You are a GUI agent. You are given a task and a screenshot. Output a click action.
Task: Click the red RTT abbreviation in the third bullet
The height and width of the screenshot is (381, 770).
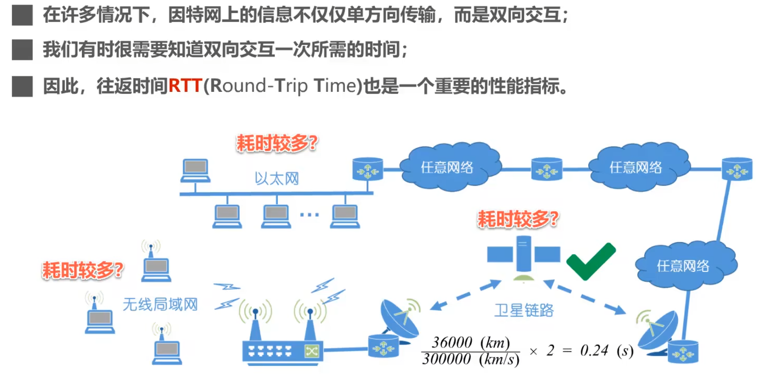(185, 86)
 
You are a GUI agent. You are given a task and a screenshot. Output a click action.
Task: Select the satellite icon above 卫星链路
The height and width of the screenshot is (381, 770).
(523, 256)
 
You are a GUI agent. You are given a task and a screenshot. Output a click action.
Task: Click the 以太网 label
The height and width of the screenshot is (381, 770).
(276, 179)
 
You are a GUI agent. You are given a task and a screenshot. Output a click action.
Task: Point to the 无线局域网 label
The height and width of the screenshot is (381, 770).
(160, 304)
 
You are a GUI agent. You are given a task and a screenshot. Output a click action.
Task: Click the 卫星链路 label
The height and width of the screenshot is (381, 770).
(523, 311)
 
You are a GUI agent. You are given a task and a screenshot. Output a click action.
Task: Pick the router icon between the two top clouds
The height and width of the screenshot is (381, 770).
(547, 169)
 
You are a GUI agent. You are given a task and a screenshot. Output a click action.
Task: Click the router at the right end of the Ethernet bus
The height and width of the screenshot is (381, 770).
(368, 169)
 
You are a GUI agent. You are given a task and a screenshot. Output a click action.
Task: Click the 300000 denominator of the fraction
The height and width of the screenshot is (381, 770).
(446, 360)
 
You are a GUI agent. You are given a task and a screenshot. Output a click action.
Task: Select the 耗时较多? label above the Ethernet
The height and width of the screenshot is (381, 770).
(277, 143)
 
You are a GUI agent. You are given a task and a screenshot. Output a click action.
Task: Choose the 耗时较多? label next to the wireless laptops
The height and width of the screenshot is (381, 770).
(83, 270)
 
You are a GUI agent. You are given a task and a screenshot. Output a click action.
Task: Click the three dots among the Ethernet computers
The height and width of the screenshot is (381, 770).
(309, 215)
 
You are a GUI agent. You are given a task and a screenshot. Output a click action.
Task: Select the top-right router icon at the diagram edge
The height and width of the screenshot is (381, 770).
(737, 169)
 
